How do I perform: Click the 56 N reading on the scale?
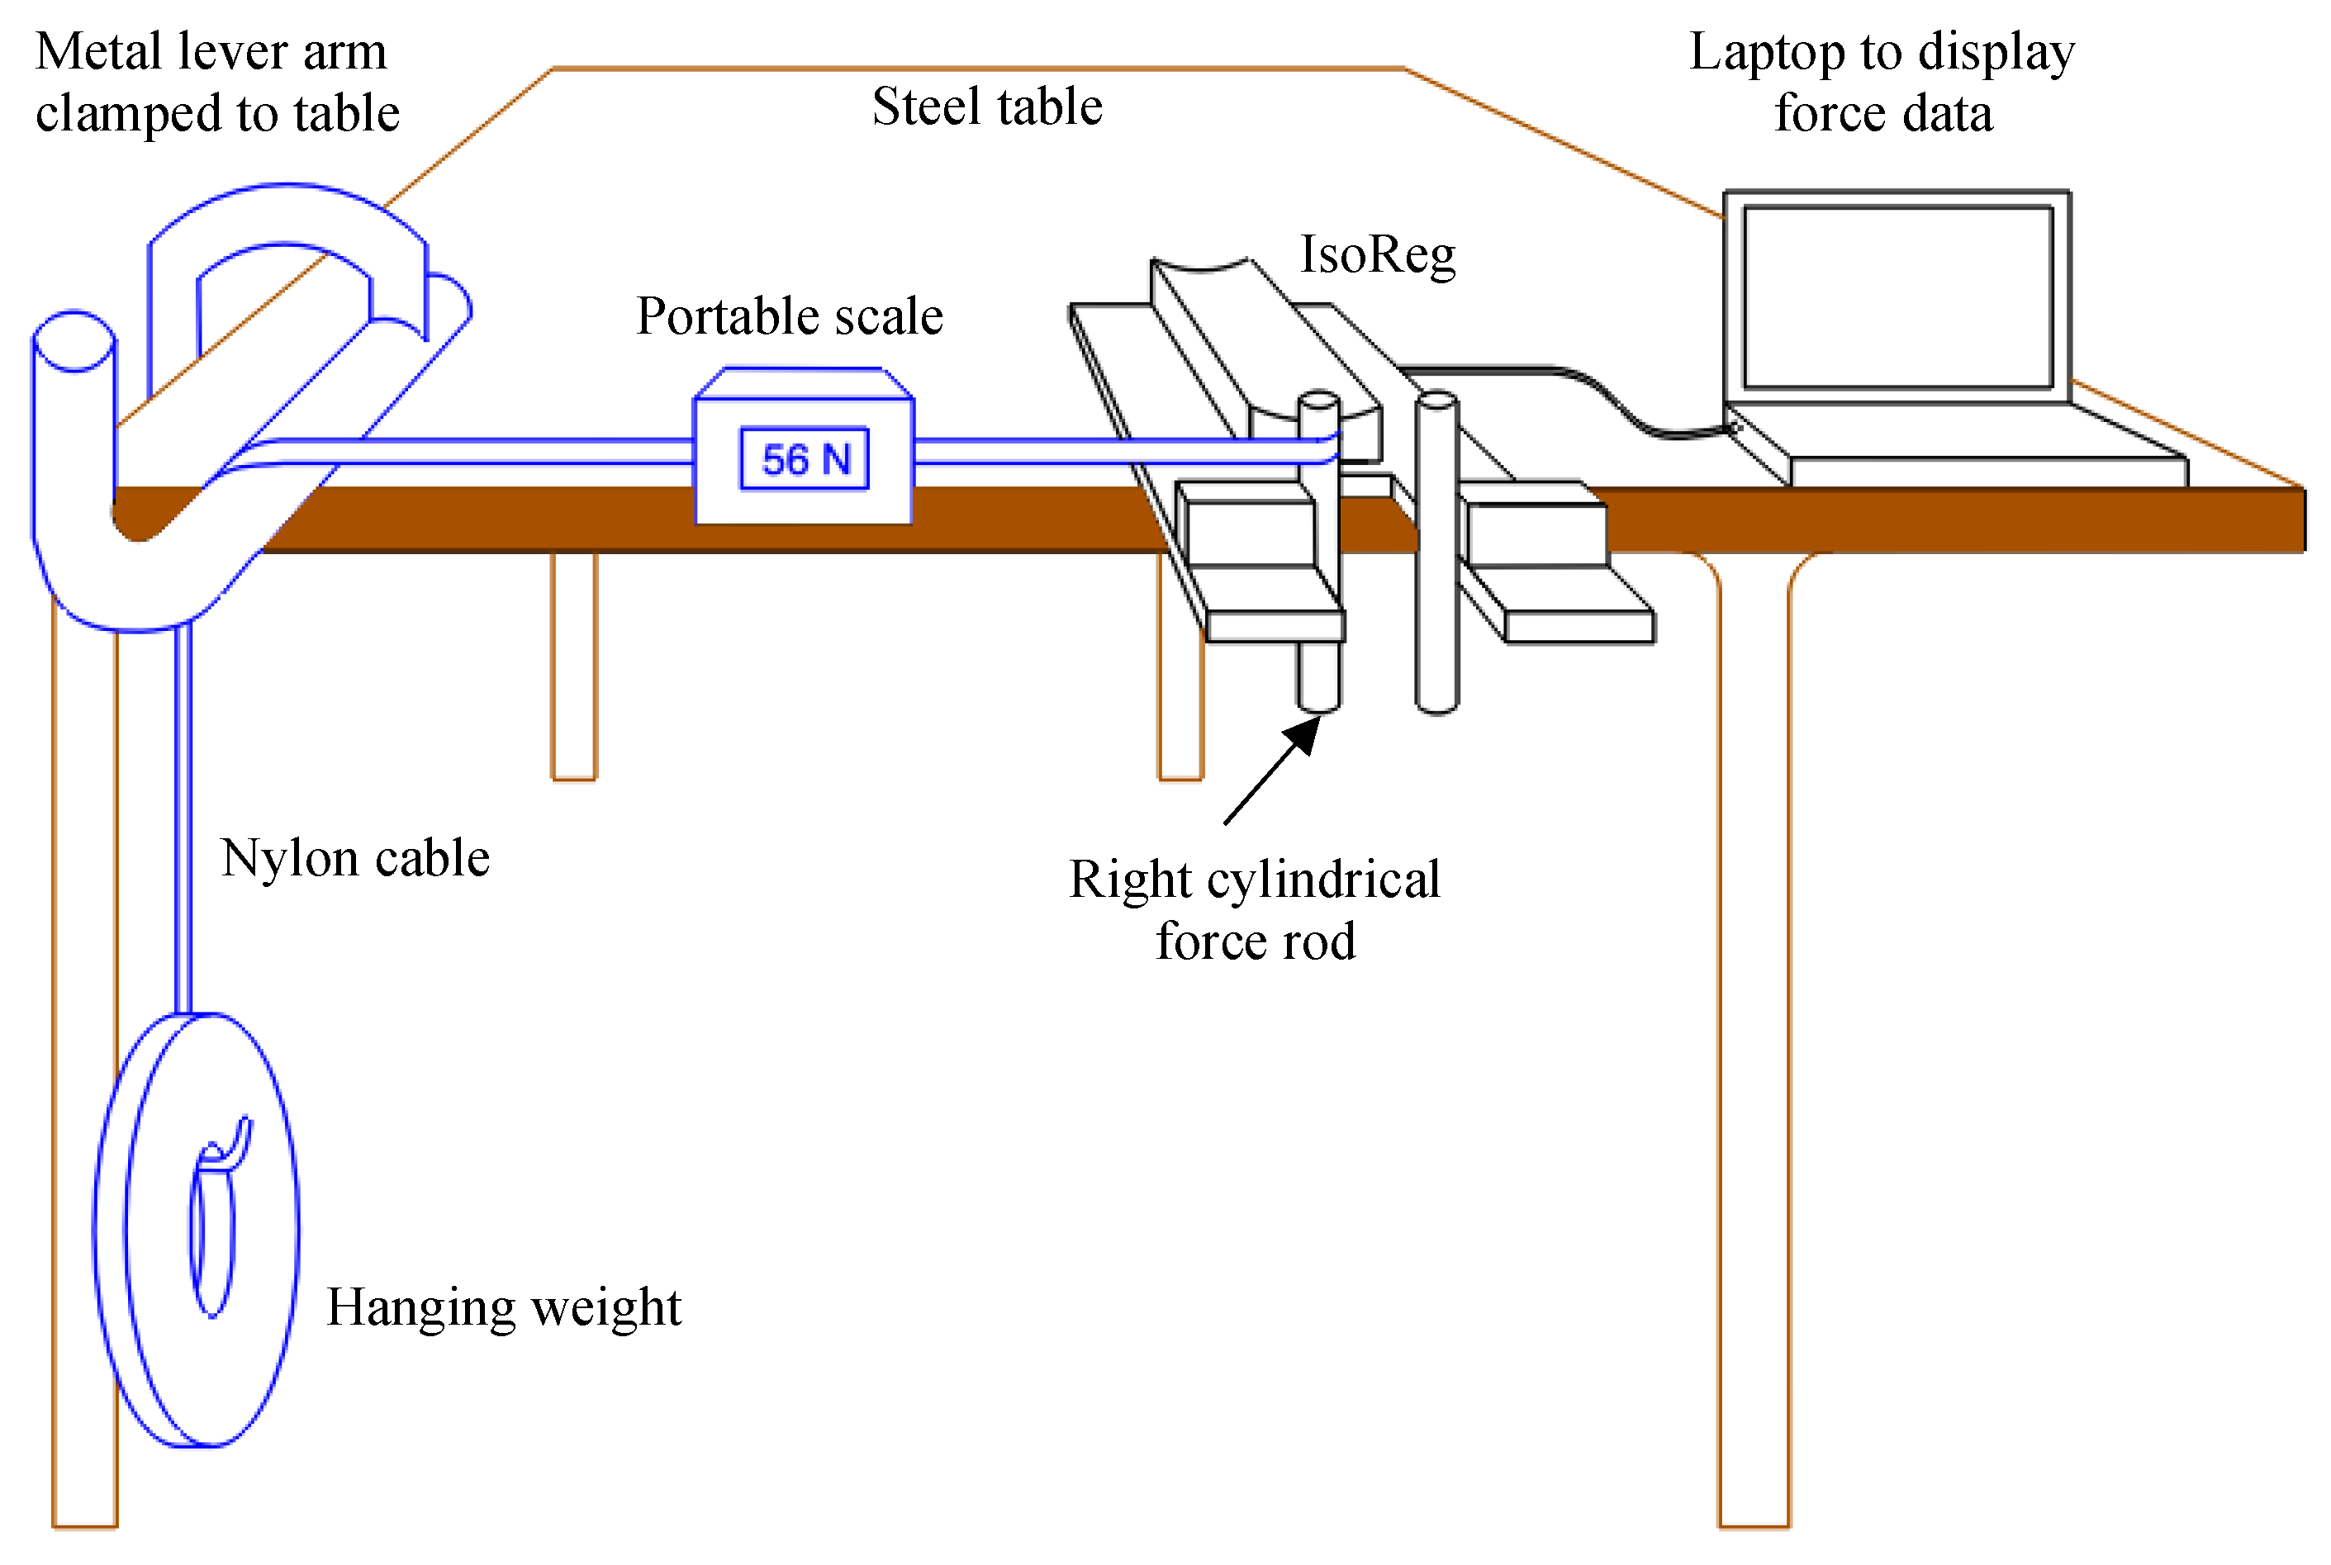click(x=805, y=459)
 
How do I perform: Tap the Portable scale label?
click(x=789, y=316)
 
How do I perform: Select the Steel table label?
click(x=986, y=107)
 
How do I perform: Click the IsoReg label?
click(x=1377, y=254)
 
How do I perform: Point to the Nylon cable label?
click(x=354, y=858)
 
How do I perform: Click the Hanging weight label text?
click(x=503, y=1307)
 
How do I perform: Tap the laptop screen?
click(x=1897, y=296)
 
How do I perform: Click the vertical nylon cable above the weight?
click(x=183, y=818)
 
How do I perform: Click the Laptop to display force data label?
click(x=1882, y=82)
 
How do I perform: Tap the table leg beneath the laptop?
click(x=1754, y=1048)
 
